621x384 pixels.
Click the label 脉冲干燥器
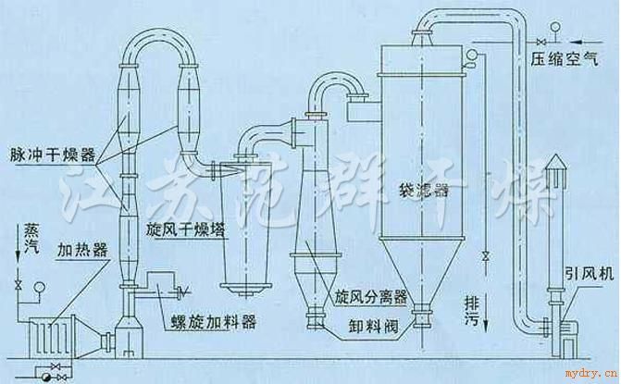(53, 155)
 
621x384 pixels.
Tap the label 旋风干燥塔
(185, 230)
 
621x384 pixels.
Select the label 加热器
(82, 250)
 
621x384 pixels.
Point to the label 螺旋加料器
(214, 322)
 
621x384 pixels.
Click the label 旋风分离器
(371, 297)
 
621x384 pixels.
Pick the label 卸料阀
(374, 326)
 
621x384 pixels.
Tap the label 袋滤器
(424, 191)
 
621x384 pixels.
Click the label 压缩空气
(564, 59)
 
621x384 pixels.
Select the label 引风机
(590, 273)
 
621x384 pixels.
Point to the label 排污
(472, 311)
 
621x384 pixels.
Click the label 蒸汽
(31, 239)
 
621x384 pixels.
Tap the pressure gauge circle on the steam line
(39, 287)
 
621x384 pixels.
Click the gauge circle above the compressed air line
(555, 27)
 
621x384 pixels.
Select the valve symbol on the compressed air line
(540, 41)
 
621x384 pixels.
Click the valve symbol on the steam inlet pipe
(18, 285)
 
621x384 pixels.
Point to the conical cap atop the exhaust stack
(556, 161)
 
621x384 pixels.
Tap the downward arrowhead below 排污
(486, 326)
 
